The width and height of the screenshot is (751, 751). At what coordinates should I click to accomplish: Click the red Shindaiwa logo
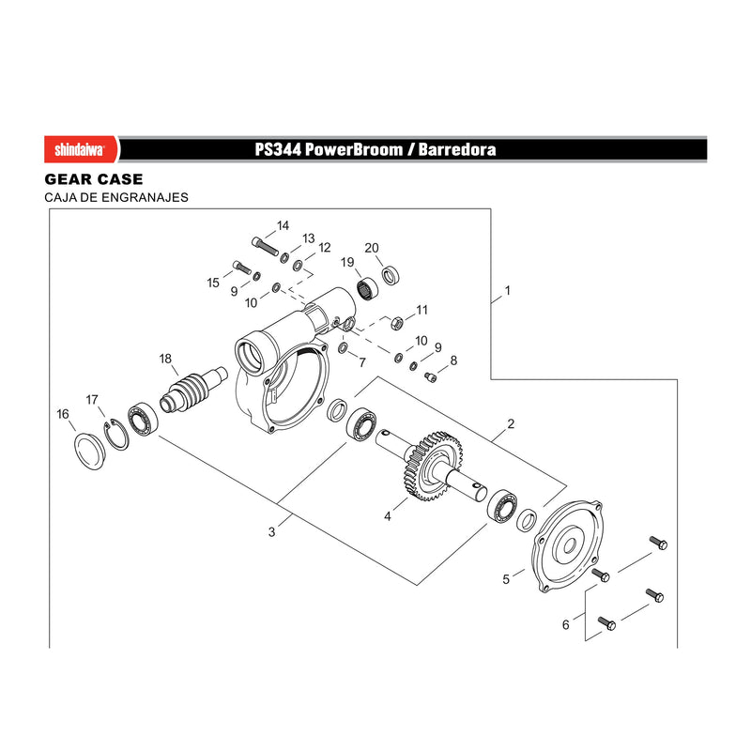(82, 149)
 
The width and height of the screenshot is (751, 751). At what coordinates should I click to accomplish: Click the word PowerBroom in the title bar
(354, 149)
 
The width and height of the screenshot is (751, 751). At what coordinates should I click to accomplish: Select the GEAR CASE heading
(94, 179)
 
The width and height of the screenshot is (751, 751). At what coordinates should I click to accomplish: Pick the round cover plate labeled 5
(568, 546)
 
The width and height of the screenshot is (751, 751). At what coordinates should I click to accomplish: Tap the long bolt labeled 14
(265, 246)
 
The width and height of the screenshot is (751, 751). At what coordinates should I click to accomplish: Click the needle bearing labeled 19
(367, 289)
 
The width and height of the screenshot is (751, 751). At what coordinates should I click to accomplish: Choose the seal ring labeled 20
(391, 275)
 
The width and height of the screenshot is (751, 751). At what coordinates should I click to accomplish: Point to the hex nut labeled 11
(396, 323)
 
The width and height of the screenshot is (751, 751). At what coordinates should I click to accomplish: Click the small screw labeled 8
(431, 377)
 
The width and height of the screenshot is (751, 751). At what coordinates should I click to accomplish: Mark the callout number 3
(271, 531)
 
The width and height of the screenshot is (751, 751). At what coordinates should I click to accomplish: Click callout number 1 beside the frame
(508, 290)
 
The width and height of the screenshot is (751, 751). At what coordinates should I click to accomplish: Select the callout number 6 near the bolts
(566, 624)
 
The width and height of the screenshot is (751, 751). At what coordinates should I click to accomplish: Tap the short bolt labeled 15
(242, 267)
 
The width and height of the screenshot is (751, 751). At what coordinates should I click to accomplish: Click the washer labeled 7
(343, 347)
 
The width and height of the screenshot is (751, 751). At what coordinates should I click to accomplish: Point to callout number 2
(511, 423)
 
